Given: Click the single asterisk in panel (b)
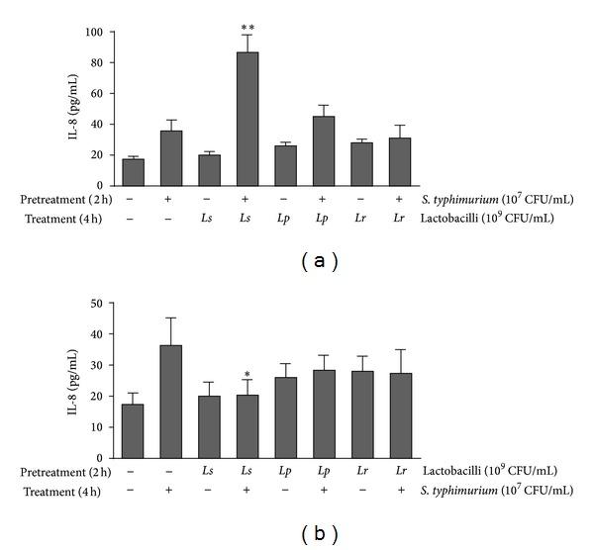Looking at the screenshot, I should [247, 375].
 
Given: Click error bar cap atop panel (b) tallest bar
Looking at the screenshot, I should [170, 318].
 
